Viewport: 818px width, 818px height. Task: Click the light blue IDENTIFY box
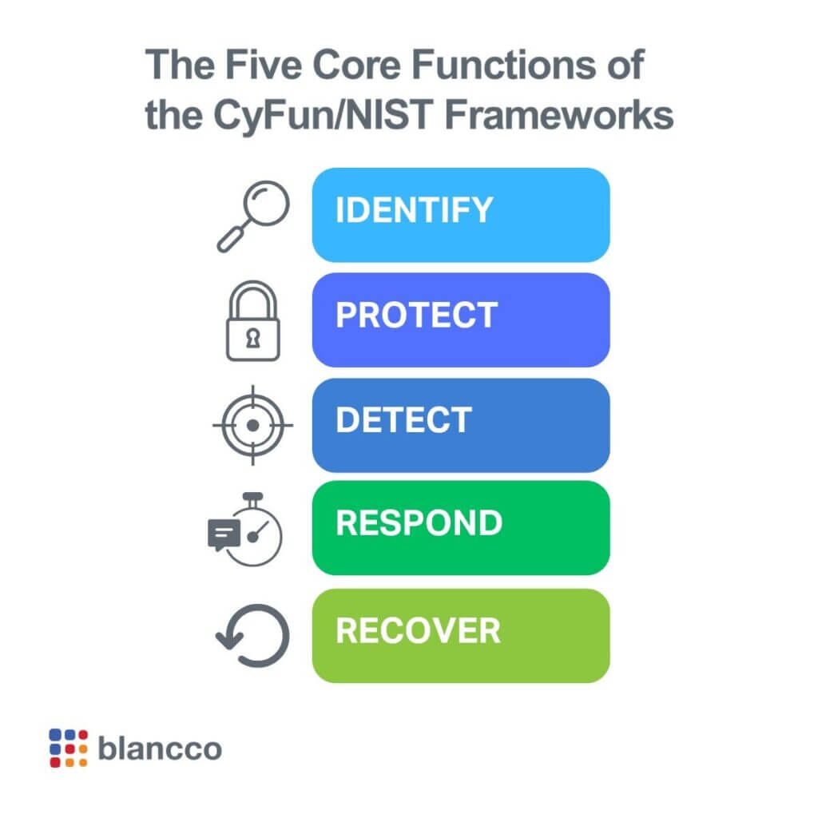click(461, 214)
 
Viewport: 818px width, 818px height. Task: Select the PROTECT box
click(461, 320)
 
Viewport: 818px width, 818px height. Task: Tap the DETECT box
click(461, 425)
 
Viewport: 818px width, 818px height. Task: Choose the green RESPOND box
click(461, 527)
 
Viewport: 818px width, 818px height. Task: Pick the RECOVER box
click(461, 635)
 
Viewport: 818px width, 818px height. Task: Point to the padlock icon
click(253, 321)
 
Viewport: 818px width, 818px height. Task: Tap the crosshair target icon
click(253, 425)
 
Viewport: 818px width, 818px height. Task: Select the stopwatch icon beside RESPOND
click(245, 530)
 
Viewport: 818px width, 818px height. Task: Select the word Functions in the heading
click(503, 65)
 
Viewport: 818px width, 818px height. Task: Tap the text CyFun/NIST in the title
click(324, 115)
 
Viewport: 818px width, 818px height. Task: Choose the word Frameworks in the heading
click(558, 115)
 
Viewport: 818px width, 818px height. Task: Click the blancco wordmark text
click(160, 749)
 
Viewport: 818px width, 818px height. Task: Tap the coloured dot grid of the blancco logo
click(69, 748)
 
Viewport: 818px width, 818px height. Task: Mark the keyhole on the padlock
click(253, 338)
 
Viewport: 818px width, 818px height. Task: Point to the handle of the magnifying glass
click(231, 240)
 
